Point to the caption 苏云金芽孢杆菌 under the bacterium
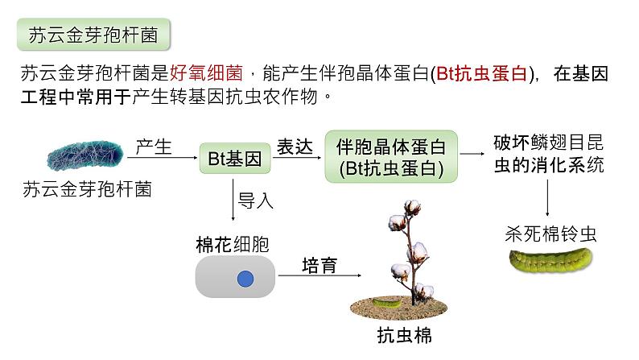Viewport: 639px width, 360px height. click(x=88, y=190)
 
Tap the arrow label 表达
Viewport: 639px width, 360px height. click(x=295, y=146)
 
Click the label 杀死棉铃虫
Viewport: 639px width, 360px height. click(x=550, y=234)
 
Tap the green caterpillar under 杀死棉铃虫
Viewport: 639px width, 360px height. click(x=550, y=259)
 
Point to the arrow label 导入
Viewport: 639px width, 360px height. click(x=256, y=201)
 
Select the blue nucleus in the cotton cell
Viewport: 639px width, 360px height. click(x=245, y=279)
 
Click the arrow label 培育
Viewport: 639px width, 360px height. click(x=319, y=264)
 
